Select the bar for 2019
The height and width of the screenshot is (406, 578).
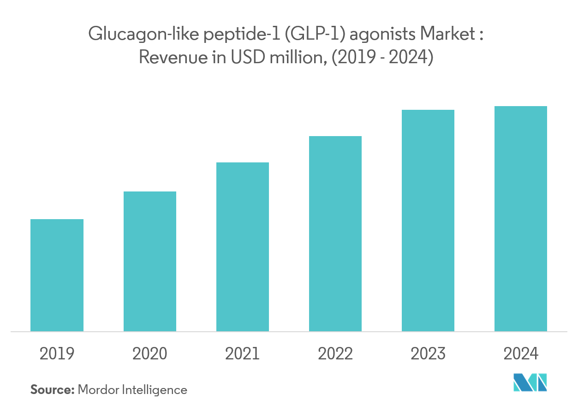(57, 275)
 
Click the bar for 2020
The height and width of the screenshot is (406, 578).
(149, 261)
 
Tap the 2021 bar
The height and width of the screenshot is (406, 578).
(242, 247)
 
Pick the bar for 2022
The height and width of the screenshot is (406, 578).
(335, 233)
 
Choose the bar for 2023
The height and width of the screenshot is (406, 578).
(428, 221)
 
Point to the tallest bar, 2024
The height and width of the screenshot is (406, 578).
(521, 219)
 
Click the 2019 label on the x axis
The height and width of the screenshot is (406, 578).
(57, 354)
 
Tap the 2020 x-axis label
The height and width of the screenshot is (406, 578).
(149, 354)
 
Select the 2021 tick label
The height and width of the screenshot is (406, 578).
(242, 354)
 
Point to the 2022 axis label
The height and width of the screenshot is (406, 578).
(335, 354)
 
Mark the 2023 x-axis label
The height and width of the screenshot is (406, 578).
(428, 354)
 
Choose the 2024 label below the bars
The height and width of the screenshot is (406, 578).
(521, 354)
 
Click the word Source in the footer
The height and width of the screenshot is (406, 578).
(52, 390)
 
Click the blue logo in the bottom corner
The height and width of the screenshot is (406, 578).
(530, 382)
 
